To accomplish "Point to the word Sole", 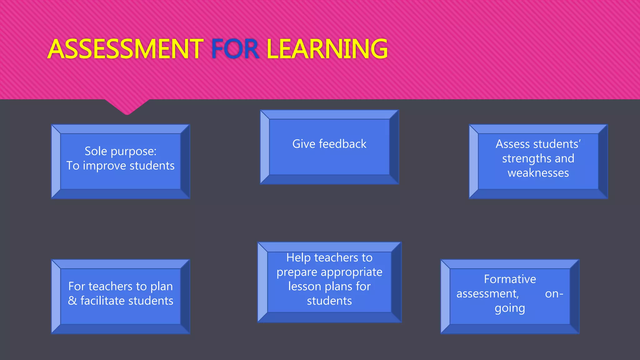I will click(96, 151).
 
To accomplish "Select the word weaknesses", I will click(538, 173).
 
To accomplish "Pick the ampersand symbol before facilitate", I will click(72, 301).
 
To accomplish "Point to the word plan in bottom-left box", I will click(162, 286).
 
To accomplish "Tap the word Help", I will click(298, 258).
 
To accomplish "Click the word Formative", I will click(510, 279).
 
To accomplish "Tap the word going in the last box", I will click(510, 308).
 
